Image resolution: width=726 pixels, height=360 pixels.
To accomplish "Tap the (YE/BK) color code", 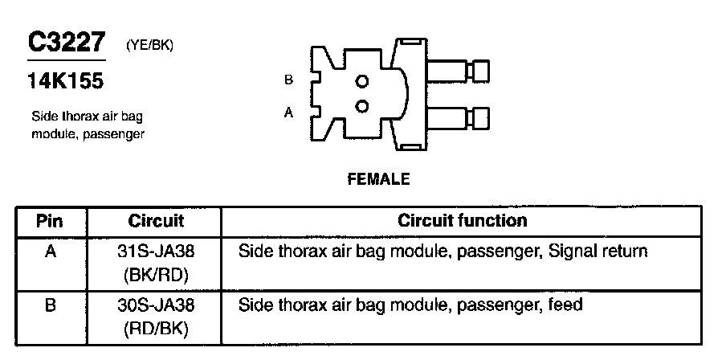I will (x=149, y=46).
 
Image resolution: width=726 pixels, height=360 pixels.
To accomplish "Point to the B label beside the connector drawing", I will (x=289, y=80).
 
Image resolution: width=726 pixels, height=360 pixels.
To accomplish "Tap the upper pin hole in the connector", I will (x=362, y=80).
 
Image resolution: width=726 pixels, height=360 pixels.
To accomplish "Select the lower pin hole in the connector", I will (x=362, y=106).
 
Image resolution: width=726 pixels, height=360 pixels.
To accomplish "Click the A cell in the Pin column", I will (x=50, y=252).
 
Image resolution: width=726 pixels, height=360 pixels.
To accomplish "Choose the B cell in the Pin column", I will (x=50, y=305).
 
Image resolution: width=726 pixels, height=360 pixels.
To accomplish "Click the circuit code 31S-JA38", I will (x=156, y=252).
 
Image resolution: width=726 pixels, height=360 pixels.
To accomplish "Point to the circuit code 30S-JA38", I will (x=156, y=305).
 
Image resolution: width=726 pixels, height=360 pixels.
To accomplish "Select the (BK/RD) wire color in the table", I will (x=156, y=275).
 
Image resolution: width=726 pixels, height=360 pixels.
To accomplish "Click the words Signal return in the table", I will (x=598, y=252).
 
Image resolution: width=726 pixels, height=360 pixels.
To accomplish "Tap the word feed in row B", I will (x=565, y=305).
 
